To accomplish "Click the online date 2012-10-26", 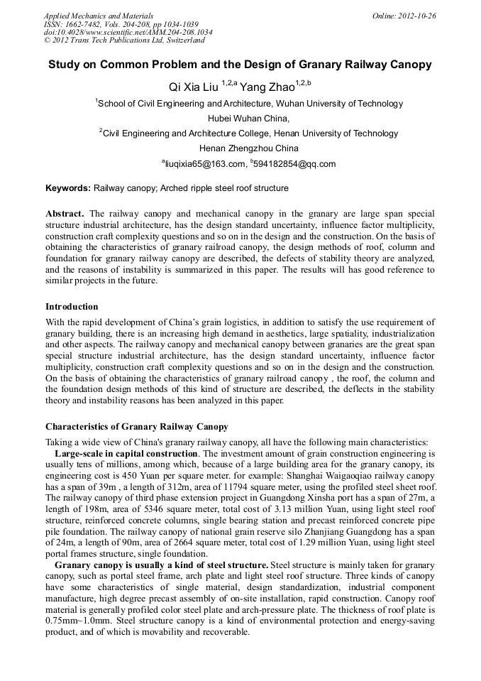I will coord(414,15).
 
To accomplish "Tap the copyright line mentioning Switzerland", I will coord(123,40).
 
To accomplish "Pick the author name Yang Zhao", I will coord(267,87).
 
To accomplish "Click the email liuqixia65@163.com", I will coord(206,164).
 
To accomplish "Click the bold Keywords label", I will coord(68,188).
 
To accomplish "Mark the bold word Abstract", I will coord(66,214).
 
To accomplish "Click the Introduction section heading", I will coord(72,307).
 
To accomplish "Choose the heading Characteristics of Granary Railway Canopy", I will coord(137,427).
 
